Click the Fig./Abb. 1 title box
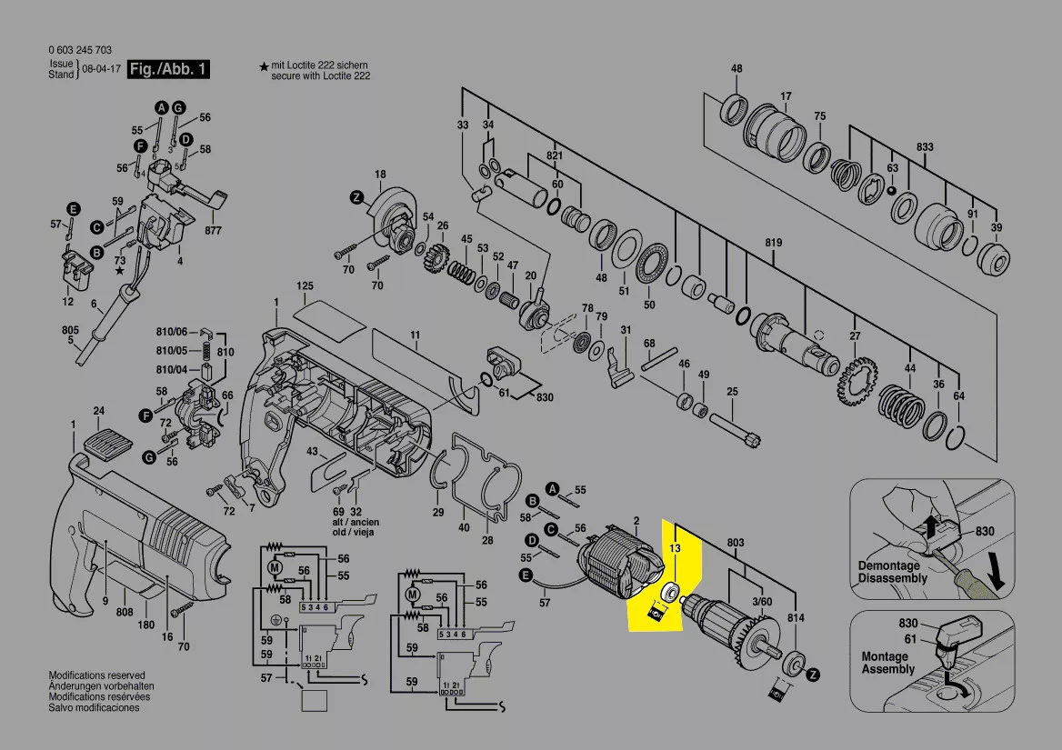tap(168, 69)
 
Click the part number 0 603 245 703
tap(80, 50)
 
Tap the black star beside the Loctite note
tap(264, 66)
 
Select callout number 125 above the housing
tap(305, 286)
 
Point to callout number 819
tap(774, 243)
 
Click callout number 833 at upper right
tap(926, 147)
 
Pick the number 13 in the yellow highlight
tap(675, 547)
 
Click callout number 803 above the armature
tap(736, 542)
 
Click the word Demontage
tap(888, 565)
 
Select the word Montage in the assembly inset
tap(885, 656)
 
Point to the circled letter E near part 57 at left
tap(73, 209)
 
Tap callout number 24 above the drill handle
tap(99, 411)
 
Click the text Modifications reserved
tap(97, 675)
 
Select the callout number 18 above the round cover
tap(381, 174)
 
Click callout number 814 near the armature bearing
tap(796, 617)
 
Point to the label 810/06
tap(171, 332)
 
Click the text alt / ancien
tap(356, 523)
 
